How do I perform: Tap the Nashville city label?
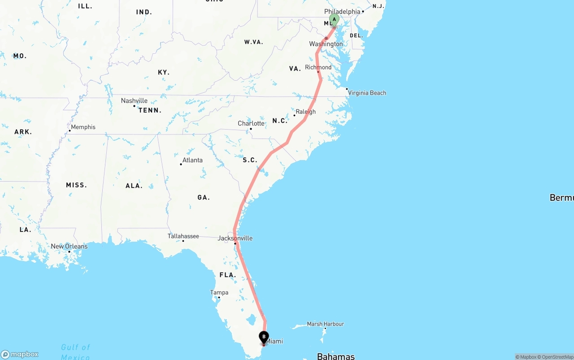134,101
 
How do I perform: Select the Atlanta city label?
192,160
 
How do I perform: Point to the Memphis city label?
83,127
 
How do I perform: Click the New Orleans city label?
69,246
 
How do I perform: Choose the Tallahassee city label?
183,236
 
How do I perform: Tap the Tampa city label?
219,292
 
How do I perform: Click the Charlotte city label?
251,123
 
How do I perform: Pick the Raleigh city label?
305,112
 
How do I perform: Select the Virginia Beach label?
367,93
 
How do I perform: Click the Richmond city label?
318,67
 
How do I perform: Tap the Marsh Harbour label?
325,324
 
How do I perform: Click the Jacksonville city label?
235,238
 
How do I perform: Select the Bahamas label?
335,356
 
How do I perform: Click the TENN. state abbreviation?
150,110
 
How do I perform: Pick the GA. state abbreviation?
204,197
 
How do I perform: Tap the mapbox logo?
20,354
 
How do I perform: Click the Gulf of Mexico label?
76,351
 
